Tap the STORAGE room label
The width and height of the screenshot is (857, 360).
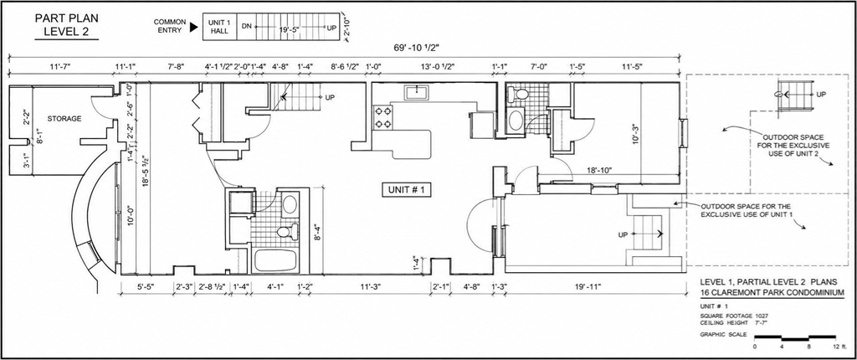64,118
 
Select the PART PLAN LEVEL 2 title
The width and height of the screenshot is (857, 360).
67,26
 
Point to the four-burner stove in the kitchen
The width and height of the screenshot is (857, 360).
383,117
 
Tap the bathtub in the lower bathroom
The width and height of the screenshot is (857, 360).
275,260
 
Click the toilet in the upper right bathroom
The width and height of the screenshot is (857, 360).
519,95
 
